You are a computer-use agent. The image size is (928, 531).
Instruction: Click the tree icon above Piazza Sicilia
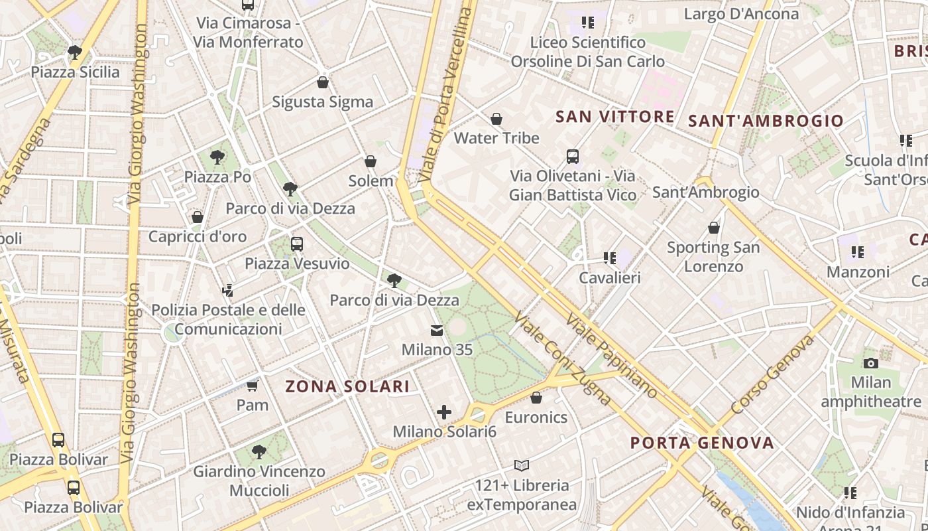(x=75, y=52)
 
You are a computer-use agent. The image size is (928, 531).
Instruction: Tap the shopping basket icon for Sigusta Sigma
(x=323, y=82)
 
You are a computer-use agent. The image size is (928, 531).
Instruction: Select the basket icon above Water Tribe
(x=496, y=119)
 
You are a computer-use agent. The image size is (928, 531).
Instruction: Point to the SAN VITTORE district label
(x=615, y=117)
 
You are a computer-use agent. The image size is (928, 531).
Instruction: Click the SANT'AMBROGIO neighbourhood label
(x=766, y=121)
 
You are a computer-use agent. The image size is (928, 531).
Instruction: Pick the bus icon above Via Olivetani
(x=573, y=157)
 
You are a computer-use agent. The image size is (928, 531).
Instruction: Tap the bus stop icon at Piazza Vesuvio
(x=297, y=244)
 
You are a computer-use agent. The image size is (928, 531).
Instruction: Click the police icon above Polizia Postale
(x=227, y=290)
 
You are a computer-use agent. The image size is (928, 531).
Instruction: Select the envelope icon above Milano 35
(x=437, y=330)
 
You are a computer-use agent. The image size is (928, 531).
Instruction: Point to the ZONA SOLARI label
(x=347, y=386)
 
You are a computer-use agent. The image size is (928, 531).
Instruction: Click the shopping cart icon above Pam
(x=252, y=386)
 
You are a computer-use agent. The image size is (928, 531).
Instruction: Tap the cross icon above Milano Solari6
(x=444, y=412)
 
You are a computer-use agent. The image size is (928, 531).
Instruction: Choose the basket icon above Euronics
(x=536, y=398)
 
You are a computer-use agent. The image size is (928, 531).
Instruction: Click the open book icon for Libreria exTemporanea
(x=522, y=465)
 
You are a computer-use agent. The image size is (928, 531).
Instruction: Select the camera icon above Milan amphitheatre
(x=871, y=363)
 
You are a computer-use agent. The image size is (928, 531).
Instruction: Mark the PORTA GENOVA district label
(x=702, y=443)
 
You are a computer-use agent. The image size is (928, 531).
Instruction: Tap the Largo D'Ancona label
(x=741, y=14)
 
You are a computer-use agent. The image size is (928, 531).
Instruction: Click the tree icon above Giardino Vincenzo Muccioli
(x=259, y=452)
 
